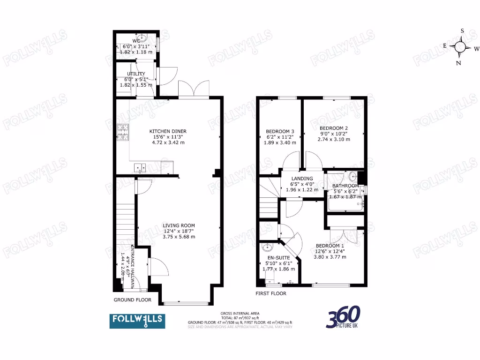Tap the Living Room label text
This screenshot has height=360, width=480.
click(x=179, y=225)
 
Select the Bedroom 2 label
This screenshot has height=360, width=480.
click(x=333, y=128)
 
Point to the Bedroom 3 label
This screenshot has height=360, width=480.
click(x=280, y=131)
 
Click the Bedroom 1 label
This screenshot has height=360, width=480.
click(x=330, y=246)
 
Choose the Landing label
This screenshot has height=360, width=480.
click(x=302, y=179)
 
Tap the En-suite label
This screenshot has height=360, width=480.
click(x=279, y=257)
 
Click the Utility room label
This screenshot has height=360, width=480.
click(x=135, y=74)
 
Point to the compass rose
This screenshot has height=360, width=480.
click(x=461, y=47)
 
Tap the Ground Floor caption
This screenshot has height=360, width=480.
click(x=133, y=300)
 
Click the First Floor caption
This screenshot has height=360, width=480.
click(x=271, y=293)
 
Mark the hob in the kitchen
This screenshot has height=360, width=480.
click(x=123, y=132)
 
